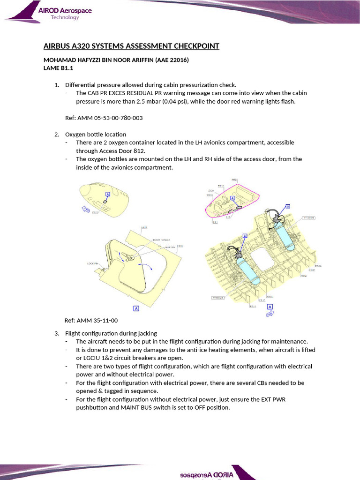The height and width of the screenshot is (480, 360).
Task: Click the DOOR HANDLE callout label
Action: click(161, 240)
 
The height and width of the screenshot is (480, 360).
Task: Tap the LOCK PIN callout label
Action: click(93, 263)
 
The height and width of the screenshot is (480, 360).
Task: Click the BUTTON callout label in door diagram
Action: click(169, 247)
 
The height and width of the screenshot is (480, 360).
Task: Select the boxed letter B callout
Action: click(288, 206)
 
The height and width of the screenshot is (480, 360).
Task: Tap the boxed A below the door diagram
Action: click(136, 308)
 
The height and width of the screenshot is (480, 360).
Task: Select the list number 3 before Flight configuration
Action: click(56, 333)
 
